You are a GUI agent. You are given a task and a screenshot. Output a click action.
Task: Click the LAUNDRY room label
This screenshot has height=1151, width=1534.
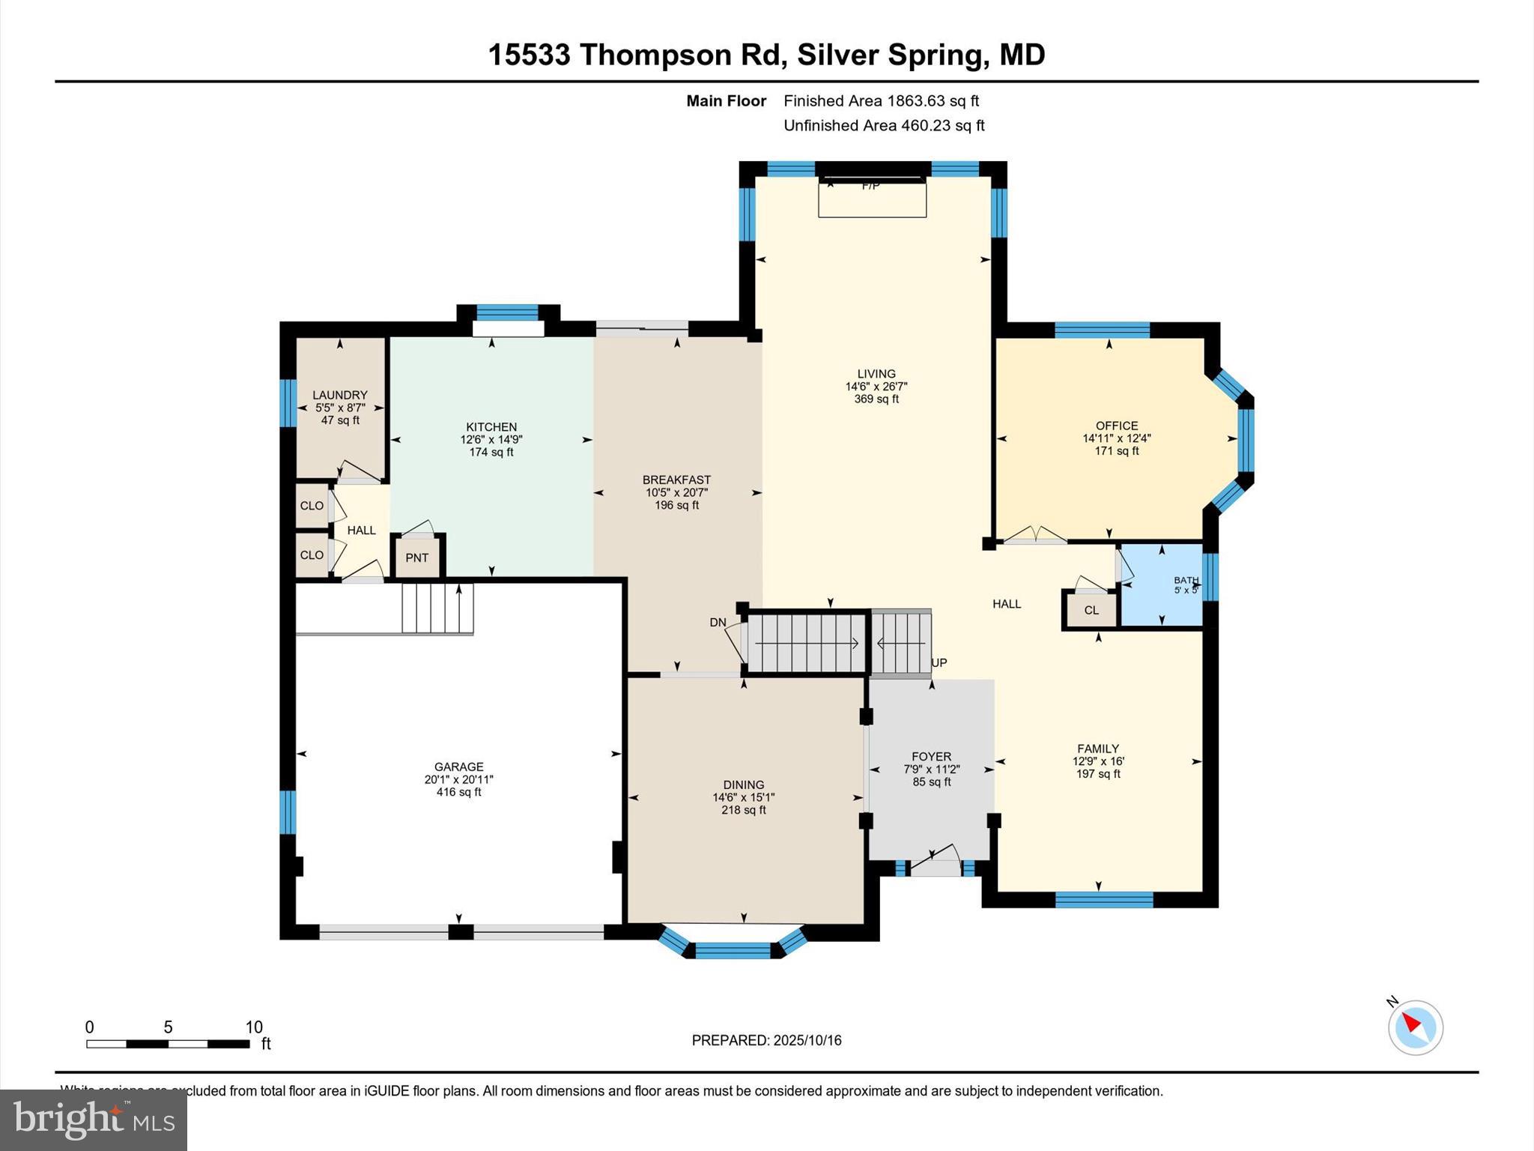click(x=339, y=395)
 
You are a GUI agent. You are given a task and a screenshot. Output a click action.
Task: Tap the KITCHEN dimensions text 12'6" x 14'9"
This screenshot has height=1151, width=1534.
click(x=491, y=440)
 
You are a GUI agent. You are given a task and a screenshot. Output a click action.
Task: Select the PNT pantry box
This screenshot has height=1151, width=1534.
click(x=417, y=558)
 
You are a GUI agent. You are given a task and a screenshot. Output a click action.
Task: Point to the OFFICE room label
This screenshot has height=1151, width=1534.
click(x=1116, y=426)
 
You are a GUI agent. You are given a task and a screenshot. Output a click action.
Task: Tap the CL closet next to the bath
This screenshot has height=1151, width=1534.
click(x=1091, y=610)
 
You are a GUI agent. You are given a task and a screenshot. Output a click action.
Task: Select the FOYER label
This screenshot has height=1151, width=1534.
click(x=931, y=757)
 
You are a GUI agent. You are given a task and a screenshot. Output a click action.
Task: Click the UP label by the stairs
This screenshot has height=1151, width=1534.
click(x=939, y=662)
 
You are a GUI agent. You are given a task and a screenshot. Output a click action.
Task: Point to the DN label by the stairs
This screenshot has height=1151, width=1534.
click(x=718, y=623)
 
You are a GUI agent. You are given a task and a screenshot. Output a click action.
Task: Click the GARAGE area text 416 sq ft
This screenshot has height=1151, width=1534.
click(x=458, y=792)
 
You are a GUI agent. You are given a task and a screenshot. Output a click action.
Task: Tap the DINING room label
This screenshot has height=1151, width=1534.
click(x=743, y=785)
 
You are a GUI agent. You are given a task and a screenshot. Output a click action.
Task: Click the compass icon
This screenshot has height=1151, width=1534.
click(x=1415, y=1027)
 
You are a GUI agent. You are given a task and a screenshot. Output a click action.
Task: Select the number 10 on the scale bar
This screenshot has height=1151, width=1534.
click(x=254, y=1027)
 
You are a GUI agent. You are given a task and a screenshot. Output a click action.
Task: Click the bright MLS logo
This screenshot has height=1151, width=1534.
click(x=94, y=1120)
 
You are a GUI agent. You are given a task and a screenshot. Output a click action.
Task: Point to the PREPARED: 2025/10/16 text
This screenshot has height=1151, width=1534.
click(x=766, y=1040)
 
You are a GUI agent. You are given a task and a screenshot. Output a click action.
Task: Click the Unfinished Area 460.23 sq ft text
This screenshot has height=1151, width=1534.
click(x=884, y=125)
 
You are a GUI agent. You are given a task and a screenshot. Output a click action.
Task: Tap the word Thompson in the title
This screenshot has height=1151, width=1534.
click(x=656, y=55)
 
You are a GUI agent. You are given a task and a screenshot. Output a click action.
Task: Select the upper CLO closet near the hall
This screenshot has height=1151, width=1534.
click(x=312, y=506)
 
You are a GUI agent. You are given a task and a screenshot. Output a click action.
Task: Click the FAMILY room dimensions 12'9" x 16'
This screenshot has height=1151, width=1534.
click(x=1098, y=761)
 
